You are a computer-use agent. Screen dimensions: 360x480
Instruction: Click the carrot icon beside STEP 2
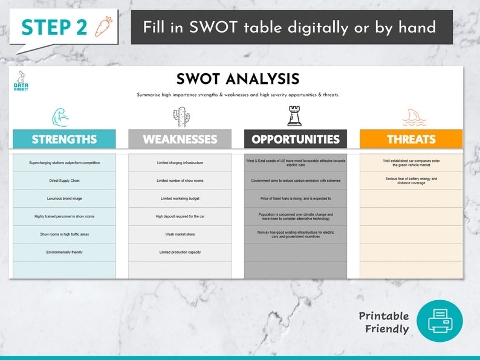pyautogui.click(x=103, y=27)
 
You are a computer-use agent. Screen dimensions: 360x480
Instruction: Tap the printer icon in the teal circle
pyautogui.click(x=439, y=321)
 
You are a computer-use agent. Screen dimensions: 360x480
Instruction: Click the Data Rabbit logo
pyautogui.click(x=21, y=82)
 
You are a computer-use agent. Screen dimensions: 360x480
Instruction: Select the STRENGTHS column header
pyautogui.click(x=64, y=139)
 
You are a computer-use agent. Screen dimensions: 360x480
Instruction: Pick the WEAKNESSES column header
pyautogui.click(x=180, y=139)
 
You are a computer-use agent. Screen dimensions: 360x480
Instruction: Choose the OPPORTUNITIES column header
pyautogui.click(x=296, y=139)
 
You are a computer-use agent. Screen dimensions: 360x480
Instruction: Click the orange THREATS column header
pyautogui.click(x=411, y=139)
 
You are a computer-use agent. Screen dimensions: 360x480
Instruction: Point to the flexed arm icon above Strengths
pyautogui.click(x=64, y=116)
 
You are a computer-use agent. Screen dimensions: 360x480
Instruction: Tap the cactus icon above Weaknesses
pyautogui.click(x=180, y=116)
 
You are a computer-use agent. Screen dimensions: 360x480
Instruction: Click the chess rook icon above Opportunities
pyautogui.click(x=295, y=116)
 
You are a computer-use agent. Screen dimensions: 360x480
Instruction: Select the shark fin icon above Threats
pyautogui.click(x=411, y=116)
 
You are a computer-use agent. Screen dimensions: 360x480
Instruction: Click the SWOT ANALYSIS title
pyautogui.click(x=238, y=79)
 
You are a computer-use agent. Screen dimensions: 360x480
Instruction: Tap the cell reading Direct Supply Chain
pyautogui.click(x=64, y=181)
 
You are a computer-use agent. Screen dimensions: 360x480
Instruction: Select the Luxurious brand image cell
pyautogui.click(x=64, y=199)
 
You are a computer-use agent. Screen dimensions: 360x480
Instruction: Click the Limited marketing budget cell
pyautogui.click(x=180, y=199)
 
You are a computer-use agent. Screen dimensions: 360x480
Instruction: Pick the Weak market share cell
pyautogui.click(x=180, y=234)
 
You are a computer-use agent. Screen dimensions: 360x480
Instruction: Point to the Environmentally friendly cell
pyautogui.click(x=64, y=252)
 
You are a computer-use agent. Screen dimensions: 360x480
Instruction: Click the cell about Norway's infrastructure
pyautogui.click(x=296, y=234)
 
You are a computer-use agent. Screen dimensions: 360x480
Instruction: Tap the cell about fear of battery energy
pyautogui.click(x=411, y=181)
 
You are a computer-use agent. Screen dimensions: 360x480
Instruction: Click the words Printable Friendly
pyautogui.click(x=384, y=323)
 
